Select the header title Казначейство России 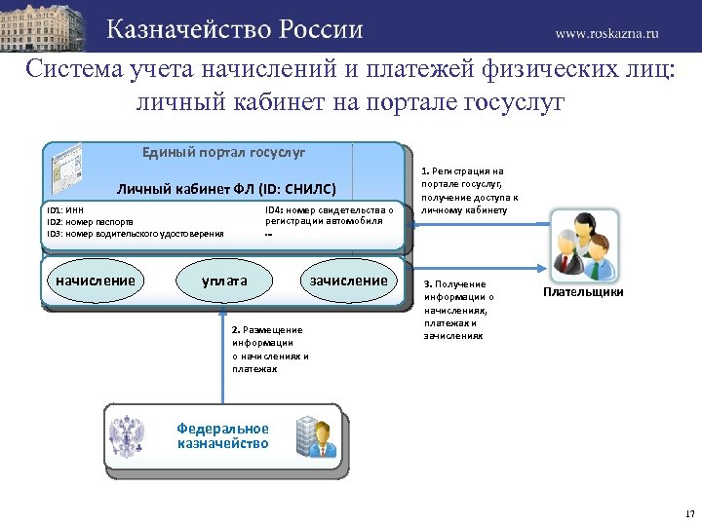[x=235, y=29]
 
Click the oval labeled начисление [x=95, y=281]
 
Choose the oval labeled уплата [x=224, y=282]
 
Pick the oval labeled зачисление [x=348, y=281]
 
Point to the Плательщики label [x=584, y=292]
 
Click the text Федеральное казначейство [x=223, y=435]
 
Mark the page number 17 [x=689, y=513]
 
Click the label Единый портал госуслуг [x=223, y=153]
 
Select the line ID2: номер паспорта [x=90, y=222]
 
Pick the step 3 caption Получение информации [x=459, y=309]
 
